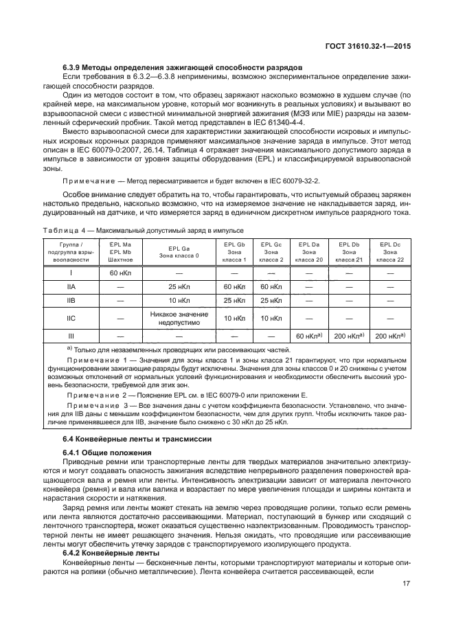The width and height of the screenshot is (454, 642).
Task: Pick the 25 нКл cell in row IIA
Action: coord(179,286)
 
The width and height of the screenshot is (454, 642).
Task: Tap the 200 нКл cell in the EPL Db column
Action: coord(349,336)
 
